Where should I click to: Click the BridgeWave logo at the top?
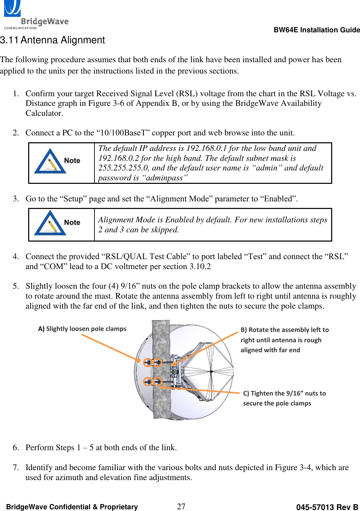[x=36, y=15]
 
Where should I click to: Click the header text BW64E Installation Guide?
[x=316, y=30]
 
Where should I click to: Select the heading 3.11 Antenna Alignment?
[x=53, y=40]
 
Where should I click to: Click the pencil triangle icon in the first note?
[x=50, y=161]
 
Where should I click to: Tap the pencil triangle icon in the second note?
[x=50, y=223]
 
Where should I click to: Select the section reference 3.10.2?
[x=200, y=266]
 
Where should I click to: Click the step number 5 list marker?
[x=15, y=286]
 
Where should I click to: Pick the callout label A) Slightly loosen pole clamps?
[x=82, y=329]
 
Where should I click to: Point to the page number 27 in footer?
[x=181, y=506]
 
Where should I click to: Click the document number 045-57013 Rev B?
[x=327, y=507]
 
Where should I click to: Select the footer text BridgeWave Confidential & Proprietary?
[x=72, y=507]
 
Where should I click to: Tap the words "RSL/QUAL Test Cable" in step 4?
[x=146, y=256]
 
